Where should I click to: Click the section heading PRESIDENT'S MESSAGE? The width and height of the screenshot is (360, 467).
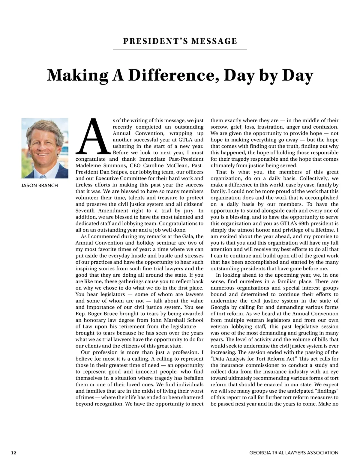180,41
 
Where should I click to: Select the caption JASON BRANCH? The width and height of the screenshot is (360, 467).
40,186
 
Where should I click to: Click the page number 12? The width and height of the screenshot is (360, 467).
13,453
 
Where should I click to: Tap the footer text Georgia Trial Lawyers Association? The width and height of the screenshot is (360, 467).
294,453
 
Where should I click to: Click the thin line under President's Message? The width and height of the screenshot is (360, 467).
180,49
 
